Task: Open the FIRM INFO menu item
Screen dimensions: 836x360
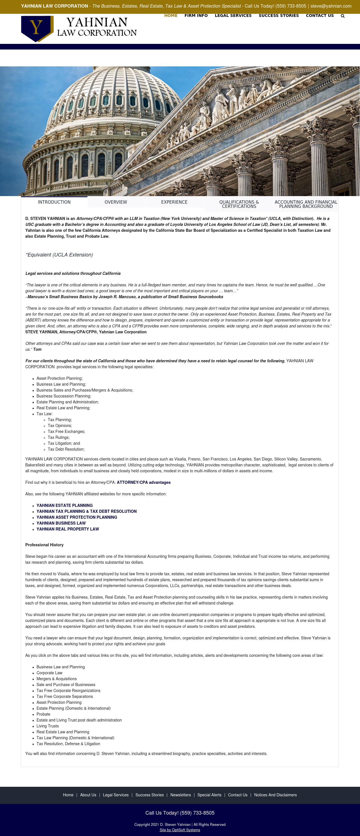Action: pos(196,15)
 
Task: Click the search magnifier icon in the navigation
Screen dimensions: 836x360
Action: pos(343,16)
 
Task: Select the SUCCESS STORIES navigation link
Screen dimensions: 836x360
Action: pos(278,15)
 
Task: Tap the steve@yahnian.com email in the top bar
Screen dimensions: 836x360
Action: pos(331,6)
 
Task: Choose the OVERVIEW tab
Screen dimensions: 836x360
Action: pos(116,202)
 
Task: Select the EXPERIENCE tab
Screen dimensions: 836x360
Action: pos(174,202)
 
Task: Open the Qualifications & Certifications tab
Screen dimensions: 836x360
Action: pos(239,204)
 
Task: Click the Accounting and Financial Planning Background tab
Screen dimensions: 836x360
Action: pos(306,204)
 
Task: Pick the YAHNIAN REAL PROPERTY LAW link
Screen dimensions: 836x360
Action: pos(67,529)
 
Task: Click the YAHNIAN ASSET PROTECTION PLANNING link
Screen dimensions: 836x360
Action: pos(76,517)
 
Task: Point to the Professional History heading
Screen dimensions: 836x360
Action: pos(44,545)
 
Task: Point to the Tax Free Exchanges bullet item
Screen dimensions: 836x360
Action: pos(66,432)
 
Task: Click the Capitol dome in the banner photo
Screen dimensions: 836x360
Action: pos(107,107)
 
